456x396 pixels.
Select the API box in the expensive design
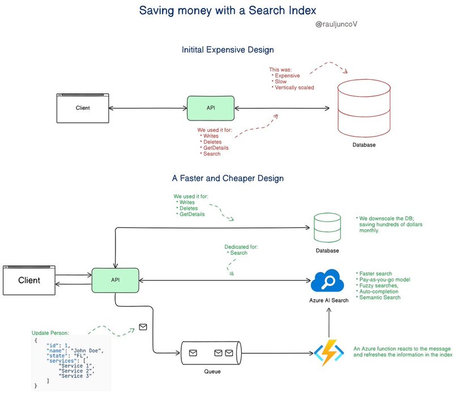point(211,107)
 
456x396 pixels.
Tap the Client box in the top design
point(83,107)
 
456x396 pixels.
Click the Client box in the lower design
point(29,280)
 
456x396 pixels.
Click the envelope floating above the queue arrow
point(143,327)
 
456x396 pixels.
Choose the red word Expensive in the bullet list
point(289,75)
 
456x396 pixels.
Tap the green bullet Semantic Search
point(380,298)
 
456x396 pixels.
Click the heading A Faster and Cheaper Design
point(228,178)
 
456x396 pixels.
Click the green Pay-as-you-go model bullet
point(384,280)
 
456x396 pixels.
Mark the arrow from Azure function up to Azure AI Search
point(329,322)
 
